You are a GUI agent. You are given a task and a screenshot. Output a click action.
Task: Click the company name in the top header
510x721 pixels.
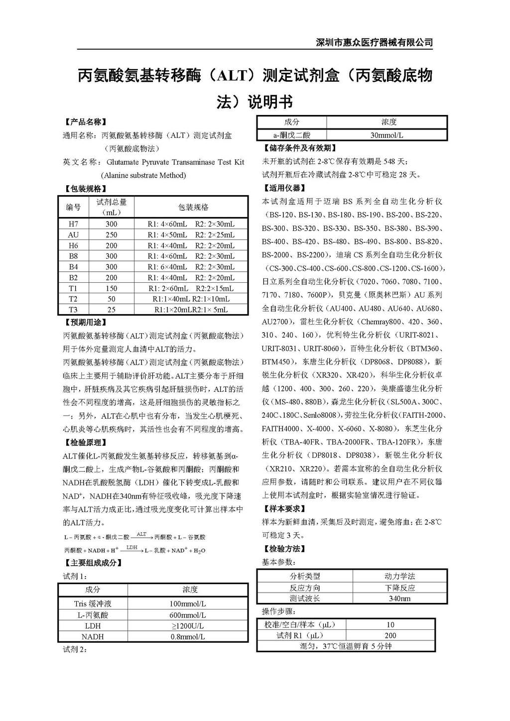(374, 42)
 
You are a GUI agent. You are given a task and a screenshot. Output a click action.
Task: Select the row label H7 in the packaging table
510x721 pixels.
(73, 224)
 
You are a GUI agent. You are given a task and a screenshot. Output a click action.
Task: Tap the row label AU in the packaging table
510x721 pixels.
(73, 235)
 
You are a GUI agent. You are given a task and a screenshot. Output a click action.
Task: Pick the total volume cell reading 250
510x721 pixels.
(112, 235)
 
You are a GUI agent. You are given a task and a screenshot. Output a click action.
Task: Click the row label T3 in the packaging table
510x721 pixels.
(73, 310)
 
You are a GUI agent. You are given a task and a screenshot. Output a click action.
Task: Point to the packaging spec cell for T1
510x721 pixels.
(191, 288)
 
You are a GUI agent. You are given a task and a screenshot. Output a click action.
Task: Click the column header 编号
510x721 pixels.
(73, 207)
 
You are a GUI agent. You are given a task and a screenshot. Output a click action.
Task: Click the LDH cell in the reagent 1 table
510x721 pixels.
(93, 626)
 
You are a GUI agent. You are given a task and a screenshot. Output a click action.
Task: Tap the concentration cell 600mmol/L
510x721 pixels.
(188, 615)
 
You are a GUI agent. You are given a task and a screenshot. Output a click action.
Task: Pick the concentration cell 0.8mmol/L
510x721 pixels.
(188, 636)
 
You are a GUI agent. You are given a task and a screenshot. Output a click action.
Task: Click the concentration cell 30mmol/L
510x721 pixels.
(387, 135)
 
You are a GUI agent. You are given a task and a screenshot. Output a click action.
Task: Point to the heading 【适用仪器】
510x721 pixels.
(284, 188)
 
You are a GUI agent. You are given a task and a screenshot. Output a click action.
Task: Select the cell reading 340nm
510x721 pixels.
(400, 599)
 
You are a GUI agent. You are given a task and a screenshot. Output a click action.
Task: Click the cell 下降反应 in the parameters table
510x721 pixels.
(400, 588)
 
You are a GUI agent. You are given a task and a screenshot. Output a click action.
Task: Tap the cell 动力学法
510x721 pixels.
(400, 576)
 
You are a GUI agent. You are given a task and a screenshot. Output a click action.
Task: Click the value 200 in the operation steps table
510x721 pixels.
(390, 635)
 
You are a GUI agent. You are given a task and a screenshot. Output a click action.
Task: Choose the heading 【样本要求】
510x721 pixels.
(284, 509)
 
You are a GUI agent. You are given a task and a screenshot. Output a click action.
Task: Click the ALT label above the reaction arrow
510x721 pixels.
(141, 534)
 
